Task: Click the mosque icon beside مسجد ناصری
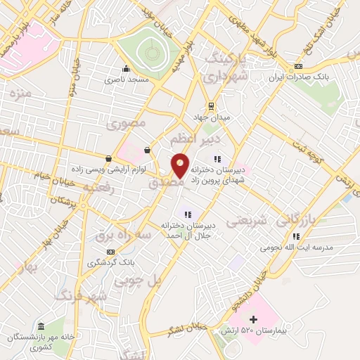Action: pos(126,69)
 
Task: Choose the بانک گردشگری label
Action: pos(109,262)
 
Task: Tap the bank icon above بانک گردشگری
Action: pos(109,252)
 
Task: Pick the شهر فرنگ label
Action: pos(104,297)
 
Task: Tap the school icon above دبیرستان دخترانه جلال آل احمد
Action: pos(187,214)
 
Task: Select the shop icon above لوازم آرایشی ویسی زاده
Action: pos(108,159)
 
